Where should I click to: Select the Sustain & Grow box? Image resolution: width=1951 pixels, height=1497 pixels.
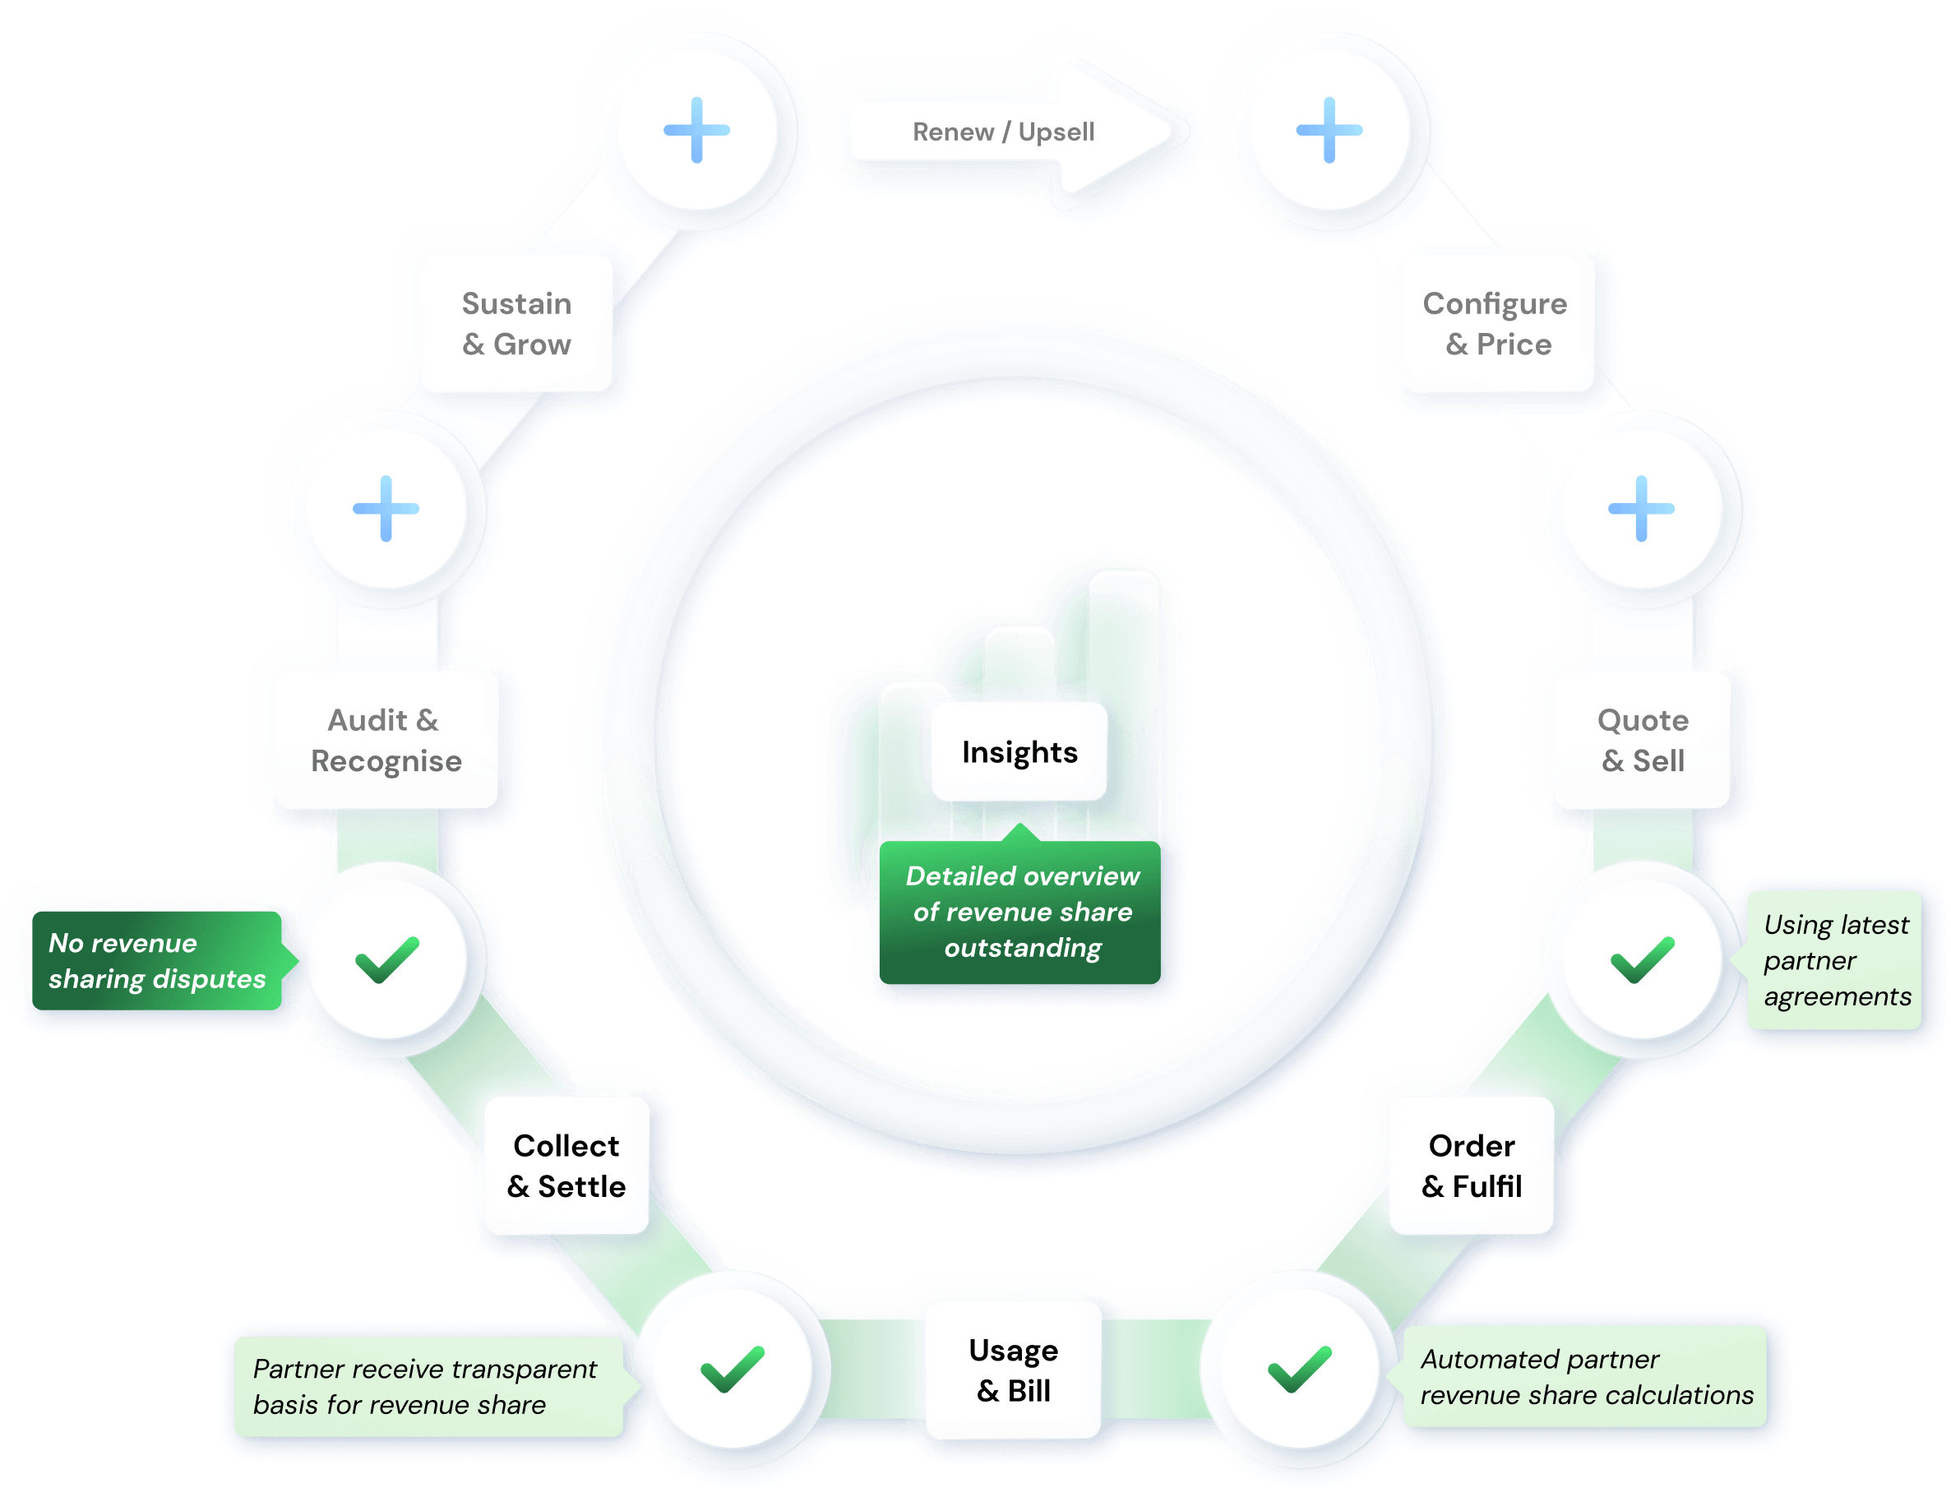point(516,323)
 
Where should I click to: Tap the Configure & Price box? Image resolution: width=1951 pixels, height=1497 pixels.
point(1495,323)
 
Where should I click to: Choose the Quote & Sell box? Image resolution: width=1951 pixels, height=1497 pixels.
point(1642,740)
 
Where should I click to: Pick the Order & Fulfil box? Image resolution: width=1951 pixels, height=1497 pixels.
point(1472,1166)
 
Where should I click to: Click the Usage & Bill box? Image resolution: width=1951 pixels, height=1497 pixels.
point(1014,1370)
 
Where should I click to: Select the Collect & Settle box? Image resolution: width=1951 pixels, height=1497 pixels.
point(566,1166)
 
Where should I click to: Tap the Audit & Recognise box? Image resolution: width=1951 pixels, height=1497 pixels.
point(385,740)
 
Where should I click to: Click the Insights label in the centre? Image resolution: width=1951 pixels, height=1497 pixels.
point(1019,752)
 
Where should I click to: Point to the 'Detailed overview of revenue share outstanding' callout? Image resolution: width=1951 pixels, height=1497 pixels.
point(1021,912)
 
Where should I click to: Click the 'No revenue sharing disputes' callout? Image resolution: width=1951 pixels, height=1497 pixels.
point(157,960)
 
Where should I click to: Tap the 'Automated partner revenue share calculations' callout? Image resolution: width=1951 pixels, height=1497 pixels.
point(1584,1377)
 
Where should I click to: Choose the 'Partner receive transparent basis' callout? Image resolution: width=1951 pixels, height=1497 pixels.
point(426,1387)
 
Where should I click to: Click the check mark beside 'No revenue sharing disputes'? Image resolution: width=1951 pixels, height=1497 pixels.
point(386,959)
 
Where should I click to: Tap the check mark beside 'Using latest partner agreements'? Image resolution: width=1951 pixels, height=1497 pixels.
point(1642,959)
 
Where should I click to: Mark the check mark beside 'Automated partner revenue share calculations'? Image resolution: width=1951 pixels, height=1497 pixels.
point(1300,1370)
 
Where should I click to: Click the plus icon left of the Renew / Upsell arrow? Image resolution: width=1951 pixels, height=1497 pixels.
point(697,130)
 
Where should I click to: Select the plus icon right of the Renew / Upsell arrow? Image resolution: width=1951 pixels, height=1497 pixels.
point(1329,130)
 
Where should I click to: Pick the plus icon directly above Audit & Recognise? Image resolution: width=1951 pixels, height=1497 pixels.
point(386,509)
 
